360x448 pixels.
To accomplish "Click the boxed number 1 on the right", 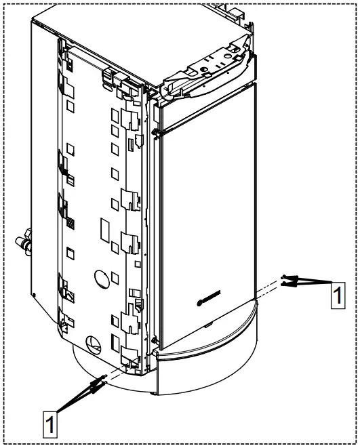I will click(x=338, y=296).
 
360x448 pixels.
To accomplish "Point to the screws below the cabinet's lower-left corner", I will click(x=96, y=385).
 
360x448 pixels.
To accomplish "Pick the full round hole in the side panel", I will click(x=102, y=278).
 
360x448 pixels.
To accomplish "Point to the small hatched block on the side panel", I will click(x=71, y=222).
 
